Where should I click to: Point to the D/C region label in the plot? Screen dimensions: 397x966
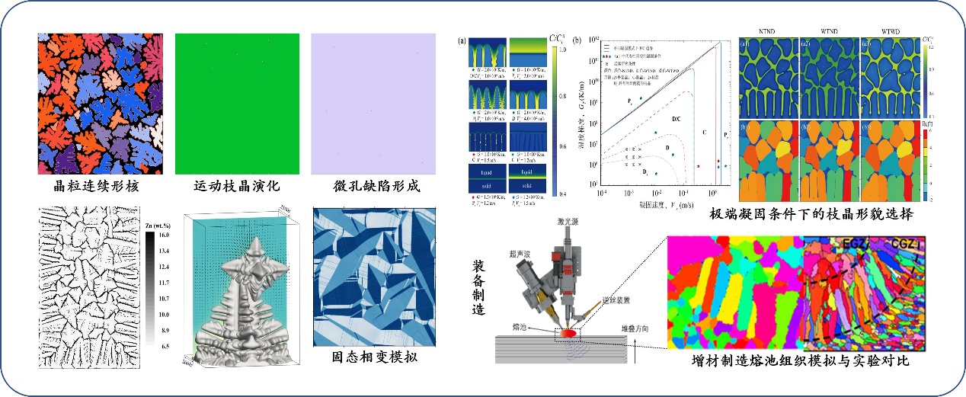[x=676, y=119]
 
